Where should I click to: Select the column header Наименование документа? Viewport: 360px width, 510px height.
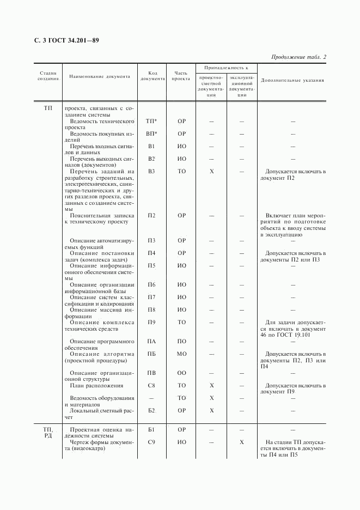click(x=100, y=77)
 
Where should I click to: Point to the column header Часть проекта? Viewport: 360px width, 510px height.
click(x=181, y=76)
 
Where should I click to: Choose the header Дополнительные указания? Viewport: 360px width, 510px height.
click(x=292, y=80)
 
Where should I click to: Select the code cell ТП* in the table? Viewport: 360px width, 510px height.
click(x=152, y=121)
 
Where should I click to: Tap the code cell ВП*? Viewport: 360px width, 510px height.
click(x=152, y=133)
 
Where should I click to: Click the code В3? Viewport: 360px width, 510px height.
click(x=152, y=171)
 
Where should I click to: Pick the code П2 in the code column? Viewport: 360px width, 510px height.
click(x=152, y=215)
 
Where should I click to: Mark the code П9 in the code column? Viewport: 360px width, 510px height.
click(x=152, y=322)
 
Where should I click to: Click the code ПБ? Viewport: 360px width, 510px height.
click(x=152, y=354)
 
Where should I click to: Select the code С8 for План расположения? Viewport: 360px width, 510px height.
click(x=152, y=385)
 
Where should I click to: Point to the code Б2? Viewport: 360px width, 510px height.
click(x=152, y=410)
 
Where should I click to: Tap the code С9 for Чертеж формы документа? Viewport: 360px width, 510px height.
click(x=152, y=442)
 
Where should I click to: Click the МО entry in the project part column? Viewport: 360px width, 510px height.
click(x=182, y=354)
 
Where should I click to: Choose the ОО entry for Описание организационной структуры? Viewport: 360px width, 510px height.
click(x=182, y=373)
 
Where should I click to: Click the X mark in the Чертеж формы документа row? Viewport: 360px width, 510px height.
click(x=242, y=442)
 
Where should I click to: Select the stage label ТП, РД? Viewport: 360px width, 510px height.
click(x=48, y=433)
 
